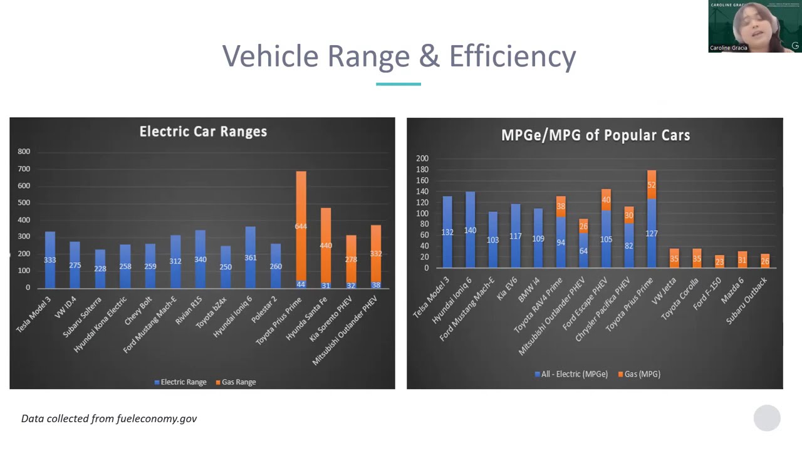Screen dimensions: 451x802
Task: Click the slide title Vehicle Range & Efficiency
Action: [399, 56]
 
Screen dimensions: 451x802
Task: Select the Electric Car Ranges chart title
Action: [203, 132]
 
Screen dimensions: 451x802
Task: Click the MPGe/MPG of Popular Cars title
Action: [595, 135]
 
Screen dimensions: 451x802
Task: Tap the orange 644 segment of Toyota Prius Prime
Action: [301, 226]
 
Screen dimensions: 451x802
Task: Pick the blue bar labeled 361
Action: [251, 257]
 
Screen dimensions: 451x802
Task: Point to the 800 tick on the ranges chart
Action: [24, 152]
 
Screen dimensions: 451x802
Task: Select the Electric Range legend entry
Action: [180, 382]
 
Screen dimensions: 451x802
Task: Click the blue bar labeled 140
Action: [470, 230]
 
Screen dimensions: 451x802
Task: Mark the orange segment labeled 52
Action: [652, 185]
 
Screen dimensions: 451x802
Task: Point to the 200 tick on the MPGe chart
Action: [422, 158]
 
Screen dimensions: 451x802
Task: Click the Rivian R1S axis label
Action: [189, 310]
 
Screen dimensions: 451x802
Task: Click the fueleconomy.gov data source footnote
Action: [109, 418]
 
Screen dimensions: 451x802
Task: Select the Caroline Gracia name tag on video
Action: [728, 48]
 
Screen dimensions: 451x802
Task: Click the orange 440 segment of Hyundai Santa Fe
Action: [326, 245]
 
